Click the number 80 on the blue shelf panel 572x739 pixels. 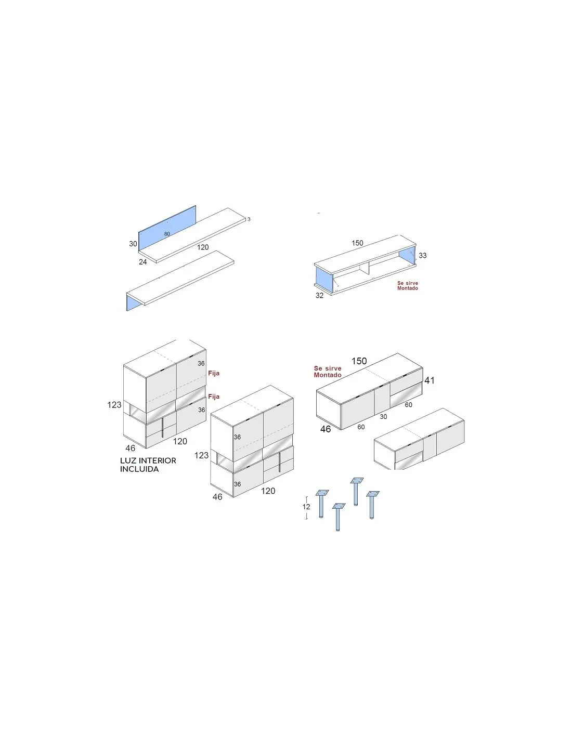pyautogui.click(x=167, y=234)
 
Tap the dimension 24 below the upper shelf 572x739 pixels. pyautogui.click(x=142, y=262)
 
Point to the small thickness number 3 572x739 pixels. pyautogui.click(x=249, y=219)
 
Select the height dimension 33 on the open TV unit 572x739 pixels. pyautogui.click(x=422, y=255)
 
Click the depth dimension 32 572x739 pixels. pyautogui.click(x=319, y=296)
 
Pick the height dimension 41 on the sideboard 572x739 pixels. pyautogui.click(x=430, y=380)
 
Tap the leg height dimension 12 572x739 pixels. pyautogui.click(x=306, y=507)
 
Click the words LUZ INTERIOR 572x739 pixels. pyautogui.click(x=148, y=460)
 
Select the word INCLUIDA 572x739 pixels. pyautogui.click(x=139, y=469)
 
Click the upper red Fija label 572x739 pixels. pyautogui.click(x=214, y=373)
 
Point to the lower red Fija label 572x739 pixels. pyautogui.click(x=214, y=397)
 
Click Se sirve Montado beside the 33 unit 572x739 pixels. pyautogui.click(x=408, y=286)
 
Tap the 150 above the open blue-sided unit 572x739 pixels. pyautogui.click(x=357, y=243)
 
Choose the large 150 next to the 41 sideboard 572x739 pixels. pyautogui.click(x=359, y=361)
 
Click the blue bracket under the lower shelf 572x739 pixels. pyautogui.click(x=134, y=302)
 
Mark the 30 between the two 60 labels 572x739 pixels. pyautogui.click(x=383, y=417)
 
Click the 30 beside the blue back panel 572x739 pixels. pyautogui.click(x=133, y=244)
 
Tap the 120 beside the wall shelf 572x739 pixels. pyautogui.click(x=203, y=247)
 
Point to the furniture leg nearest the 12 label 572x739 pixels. pyautogui.click(x=321, y=504)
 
